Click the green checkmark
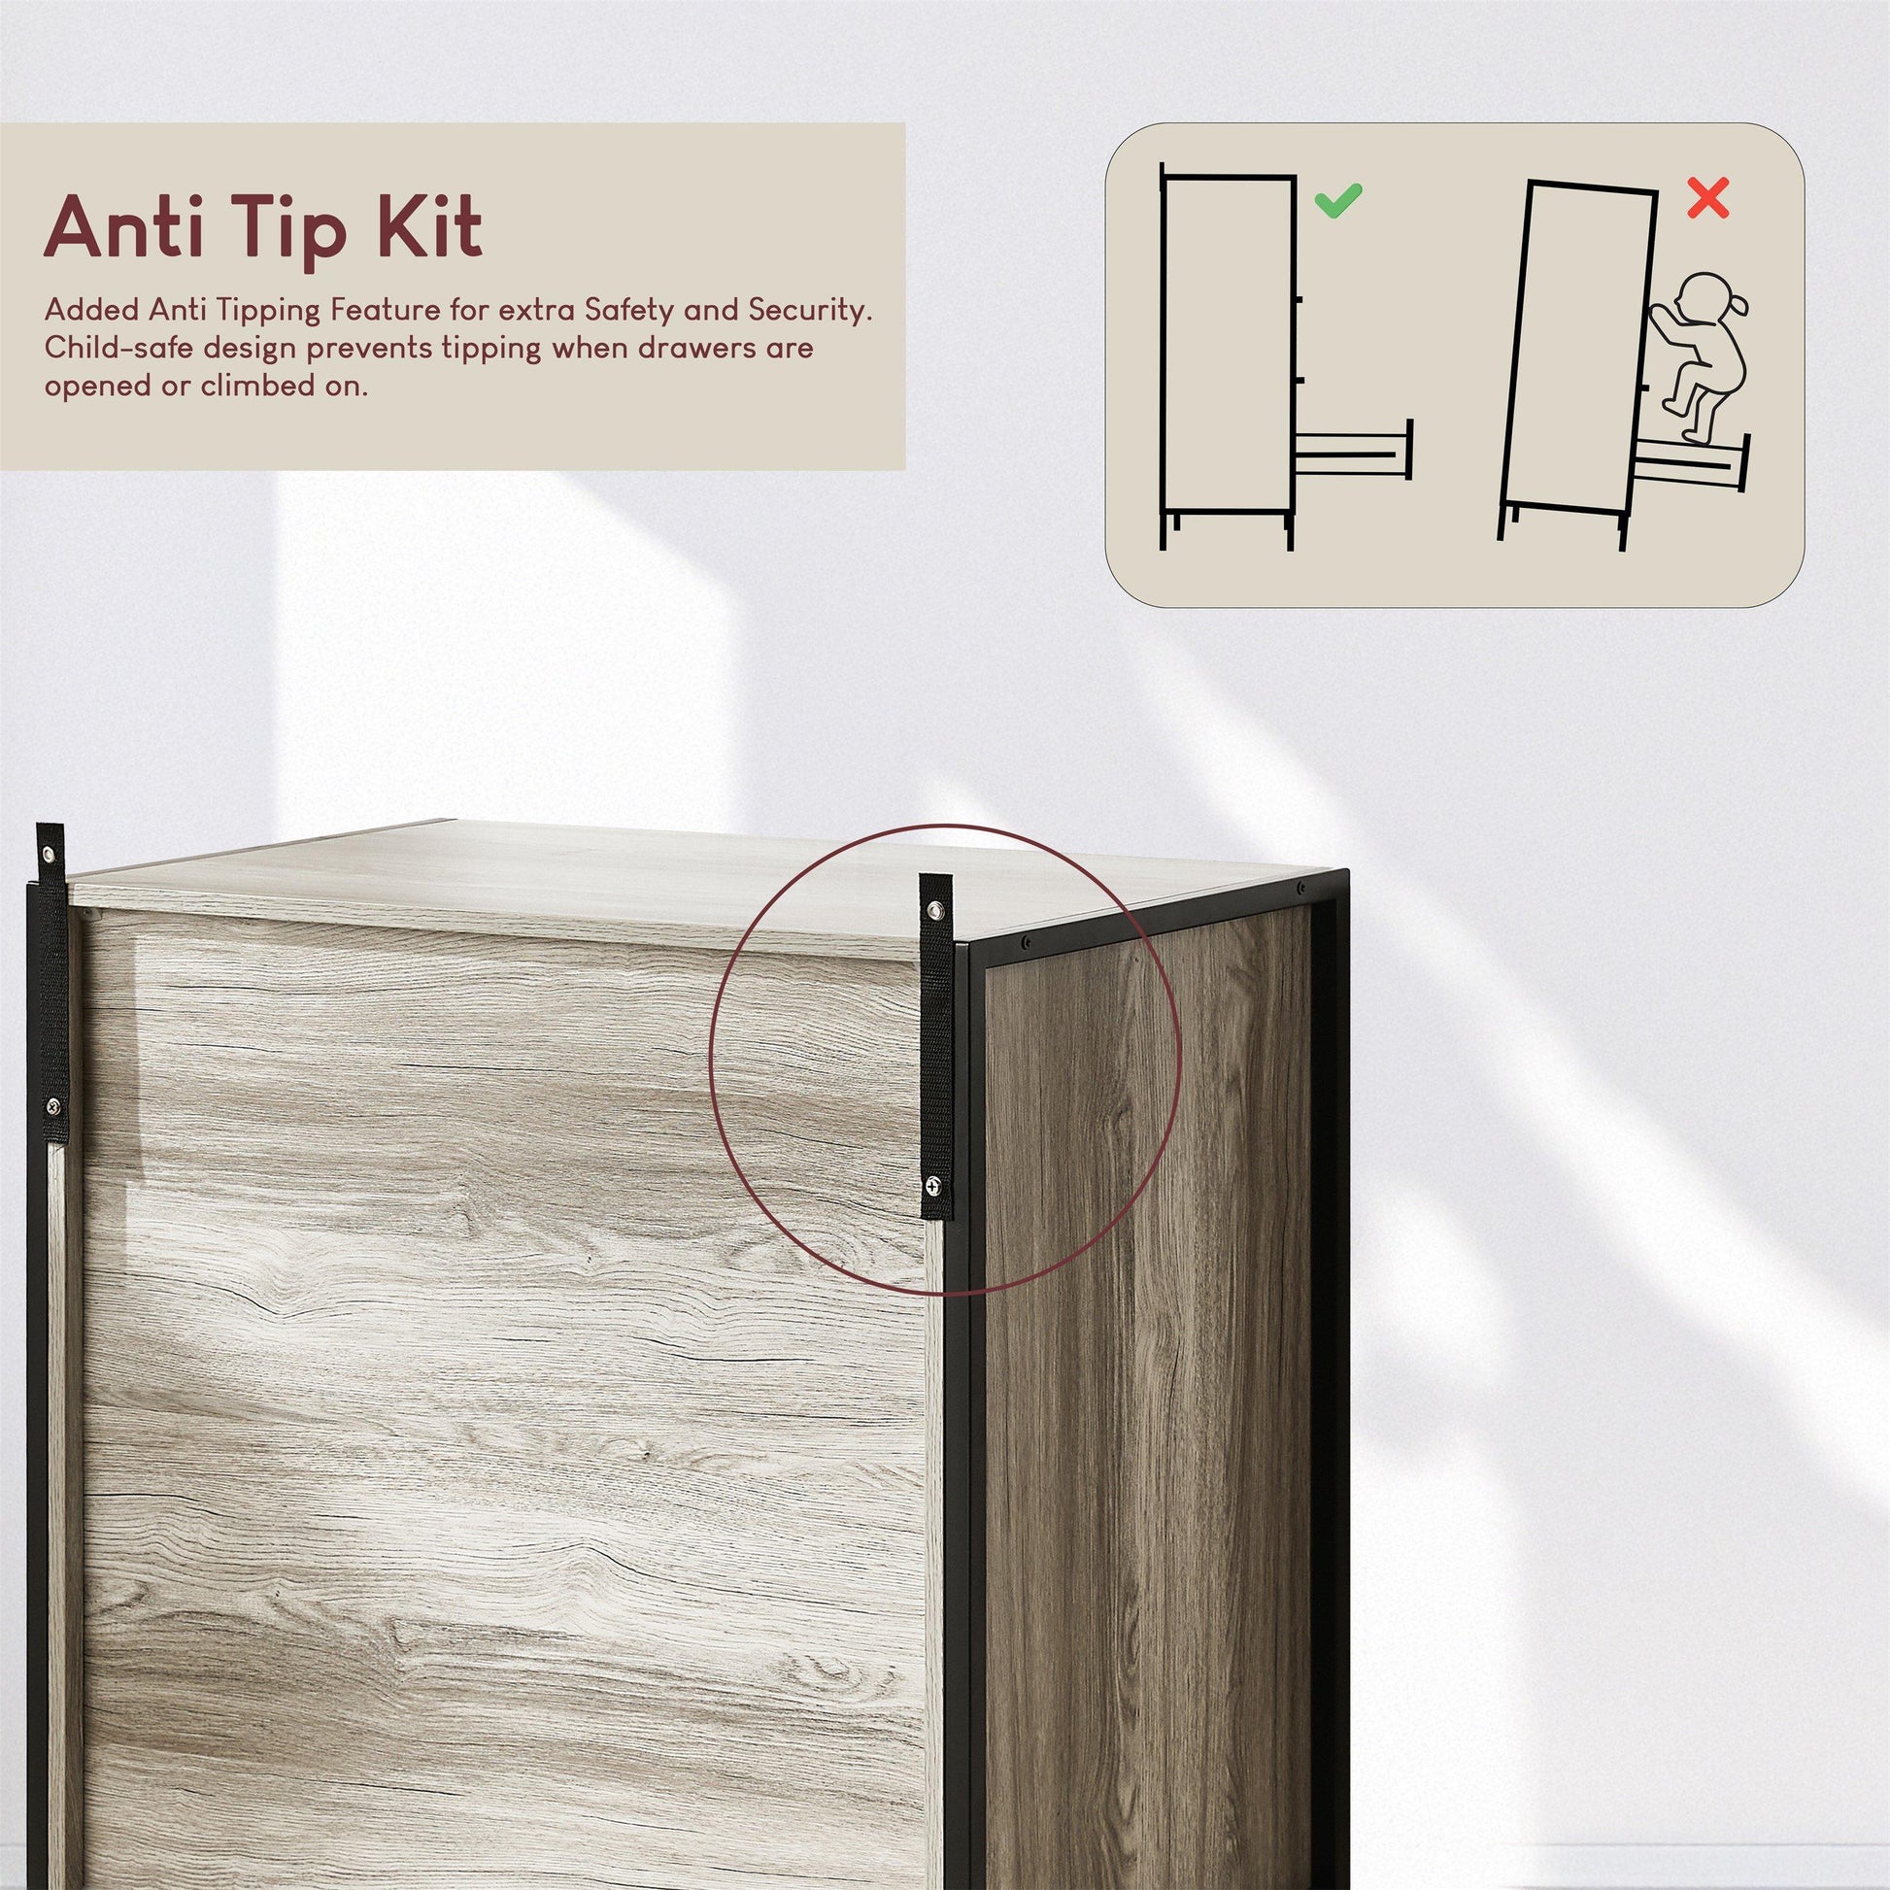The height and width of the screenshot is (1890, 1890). (x=1336, y=200)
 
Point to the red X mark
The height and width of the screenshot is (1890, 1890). (x=1708, y=197)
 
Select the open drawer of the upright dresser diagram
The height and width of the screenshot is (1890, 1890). (x=1354, y=448)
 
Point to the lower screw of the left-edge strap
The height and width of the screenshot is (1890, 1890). (x=52, y=1106)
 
